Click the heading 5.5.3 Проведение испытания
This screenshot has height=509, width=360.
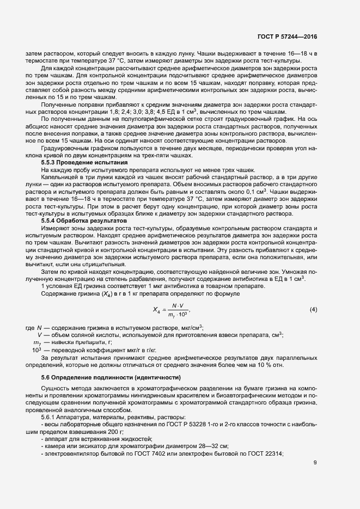click(x=84, y=162)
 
